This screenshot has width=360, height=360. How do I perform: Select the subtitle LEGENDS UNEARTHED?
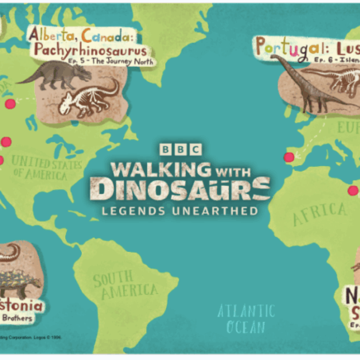pyautogui.click(x=179, y=211)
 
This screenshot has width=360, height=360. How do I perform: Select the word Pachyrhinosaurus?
pyautogui.click(x=90, y=51)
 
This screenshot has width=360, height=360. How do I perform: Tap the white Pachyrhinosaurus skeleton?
pyautogui.click(x=90, y=98)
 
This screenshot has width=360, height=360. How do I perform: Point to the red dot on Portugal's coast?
pyautogui.click(x=289, y=157)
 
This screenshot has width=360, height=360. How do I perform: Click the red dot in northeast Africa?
pyautogui.click(x=353, y=191)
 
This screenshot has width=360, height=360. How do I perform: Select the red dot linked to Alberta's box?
pyautogui.click(x=10, y=104)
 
